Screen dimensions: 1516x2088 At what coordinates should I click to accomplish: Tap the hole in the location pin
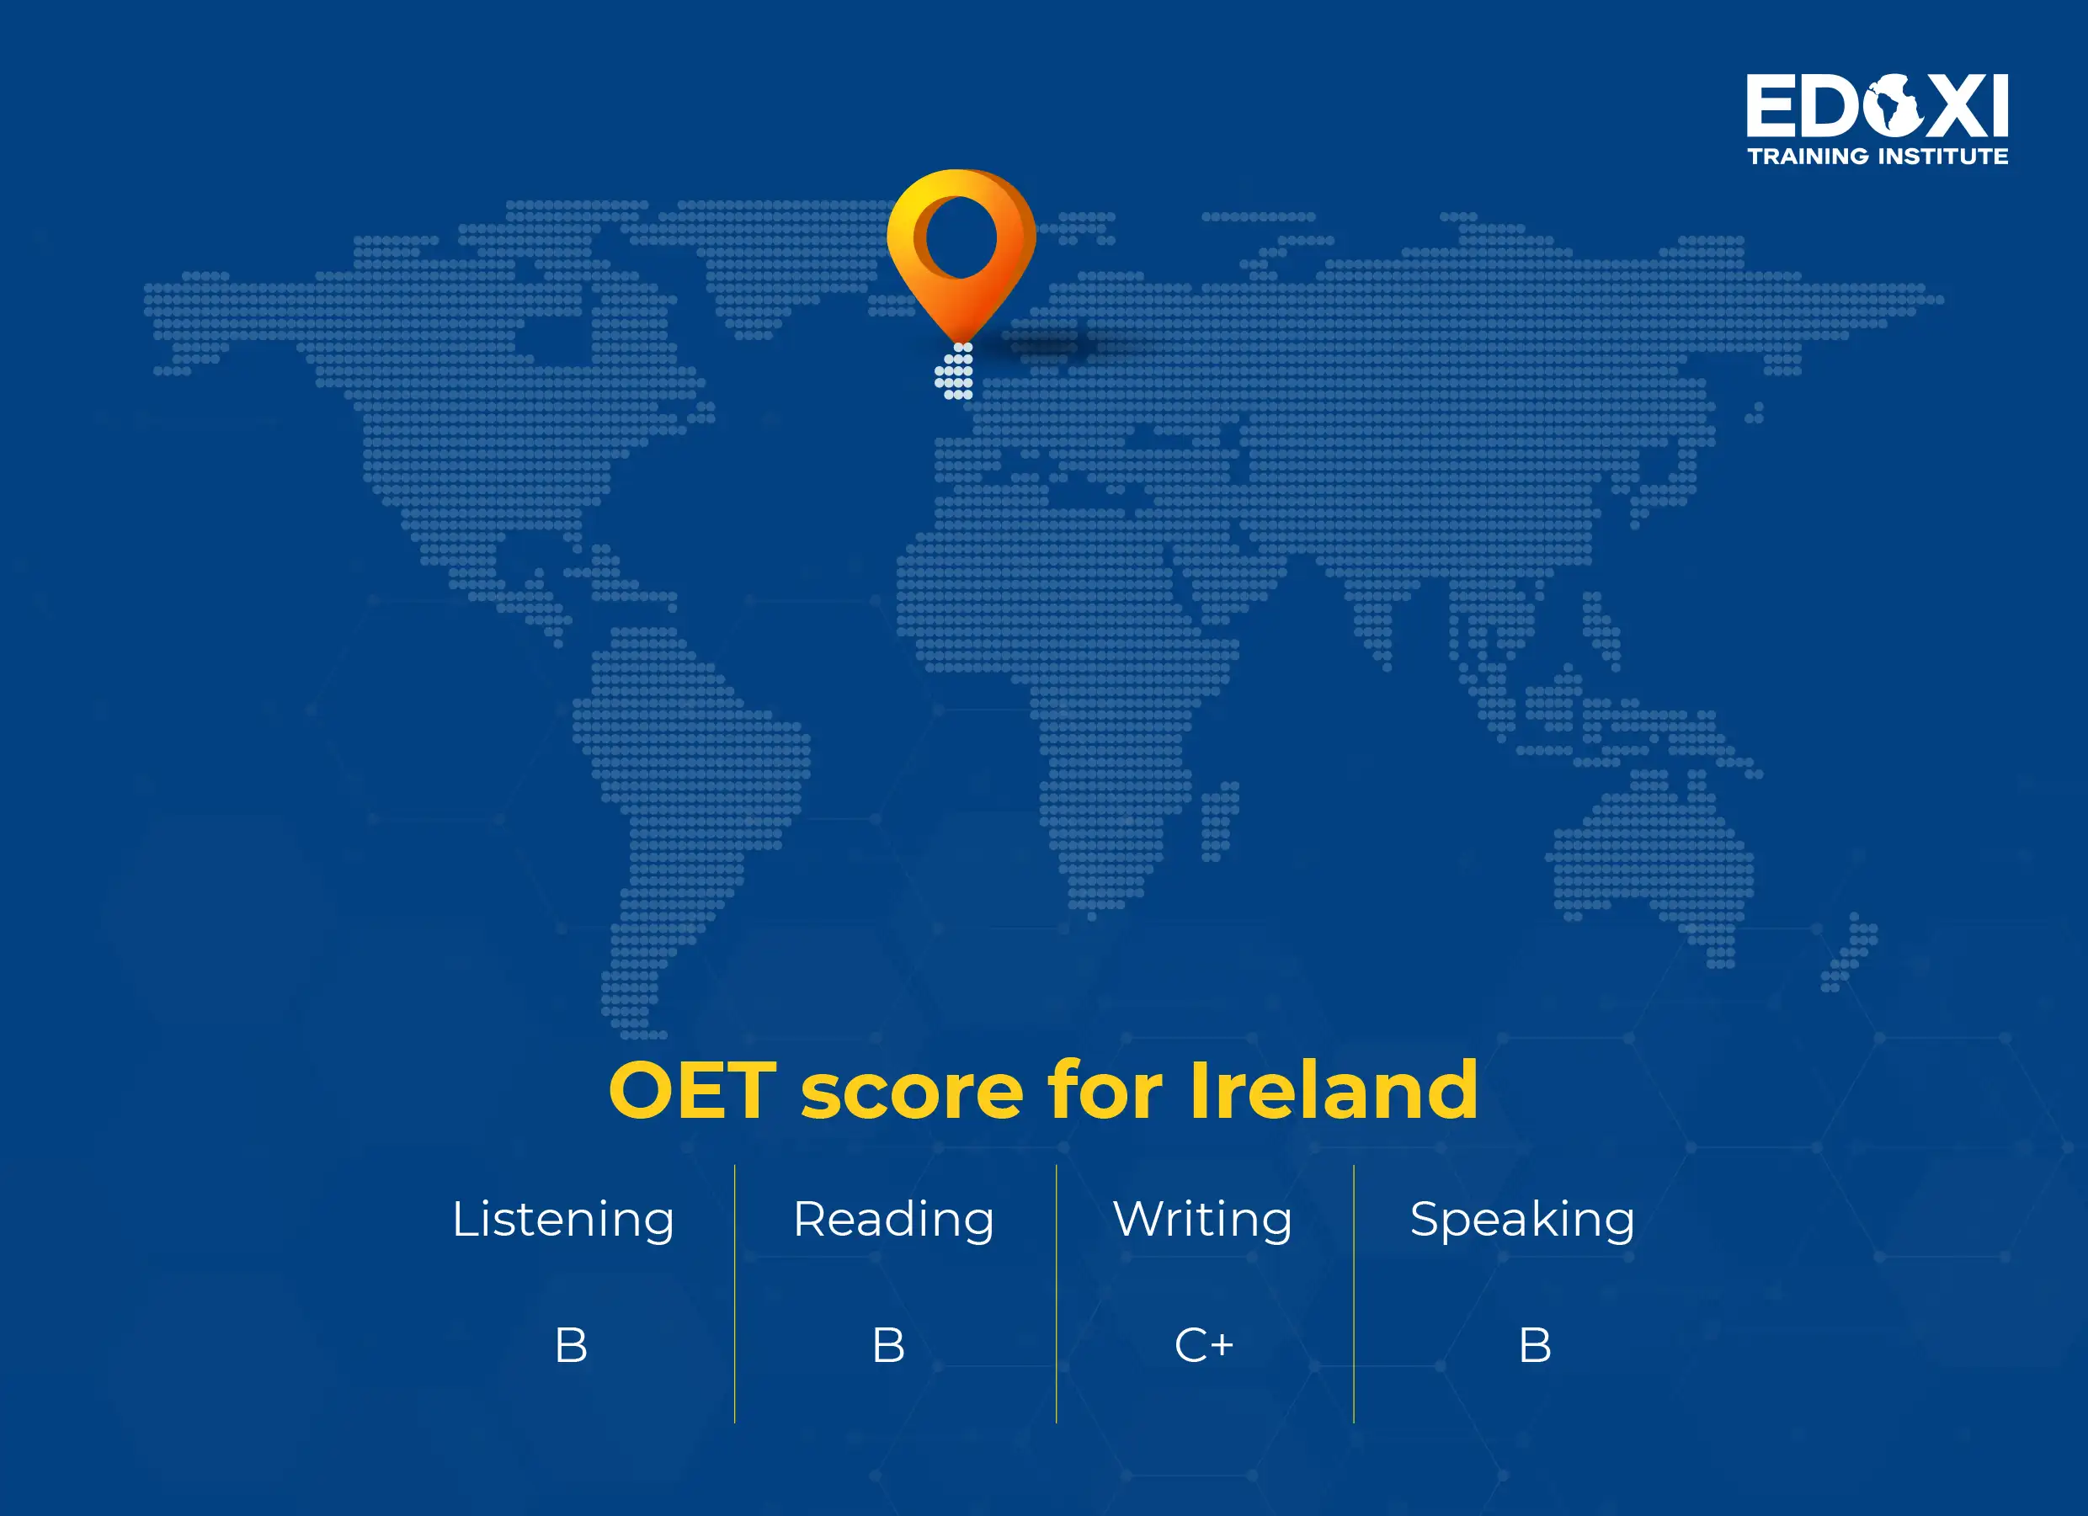click(960, 237)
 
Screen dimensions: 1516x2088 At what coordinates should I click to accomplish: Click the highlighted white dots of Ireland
click(955, 372)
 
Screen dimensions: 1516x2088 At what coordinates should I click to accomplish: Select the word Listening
click(562, 1220)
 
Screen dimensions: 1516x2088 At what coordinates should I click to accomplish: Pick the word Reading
click(893, 1220)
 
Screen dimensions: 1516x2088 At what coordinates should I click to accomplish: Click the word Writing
click(1201, 1220)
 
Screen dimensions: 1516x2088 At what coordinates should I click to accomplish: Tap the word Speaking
click(1522, 1220)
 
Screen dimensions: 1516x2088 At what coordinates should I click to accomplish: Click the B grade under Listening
click(571, 1346)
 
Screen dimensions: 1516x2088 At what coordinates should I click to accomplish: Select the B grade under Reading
click(888, 1346)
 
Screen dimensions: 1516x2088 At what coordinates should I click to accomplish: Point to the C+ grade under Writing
click(1203, 1346)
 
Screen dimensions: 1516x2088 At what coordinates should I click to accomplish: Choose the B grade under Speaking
click(1535, 1346)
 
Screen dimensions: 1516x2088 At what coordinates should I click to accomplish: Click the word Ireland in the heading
click(1333, 1091)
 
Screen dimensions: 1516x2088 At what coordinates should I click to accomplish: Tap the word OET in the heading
click(692, 1091)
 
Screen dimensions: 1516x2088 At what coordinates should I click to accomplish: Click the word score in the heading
click(912, 1091)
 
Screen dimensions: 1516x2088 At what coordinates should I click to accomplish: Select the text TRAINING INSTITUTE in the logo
click(1878, 157)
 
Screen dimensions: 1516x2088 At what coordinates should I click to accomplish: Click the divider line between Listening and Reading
click(735, 1293)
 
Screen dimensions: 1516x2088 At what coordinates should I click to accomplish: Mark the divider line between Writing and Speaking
click(1353, 1293)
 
